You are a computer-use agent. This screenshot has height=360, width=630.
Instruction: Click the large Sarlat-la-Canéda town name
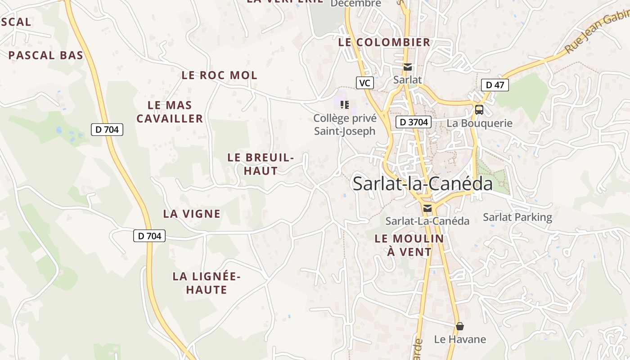tap(423, 184)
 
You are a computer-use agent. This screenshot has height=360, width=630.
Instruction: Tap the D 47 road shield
tap(495, 85)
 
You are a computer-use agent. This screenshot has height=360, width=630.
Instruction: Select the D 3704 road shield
tap(414, 121)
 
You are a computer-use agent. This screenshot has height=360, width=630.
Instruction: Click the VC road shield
tap(365, 83)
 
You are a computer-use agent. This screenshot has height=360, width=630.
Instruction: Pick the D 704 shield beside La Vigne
tap(149, 235)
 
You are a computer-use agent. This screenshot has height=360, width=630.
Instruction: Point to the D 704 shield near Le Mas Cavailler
tap(107, 130)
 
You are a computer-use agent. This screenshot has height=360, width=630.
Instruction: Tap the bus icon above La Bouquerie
tap(479, 109)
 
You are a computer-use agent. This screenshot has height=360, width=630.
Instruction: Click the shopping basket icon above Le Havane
tap(460, 326)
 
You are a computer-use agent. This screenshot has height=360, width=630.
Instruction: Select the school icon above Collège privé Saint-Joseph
tap(345, 105)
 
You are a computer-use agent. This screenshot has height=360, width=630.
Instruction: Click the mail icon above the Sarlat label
tap(408, 67)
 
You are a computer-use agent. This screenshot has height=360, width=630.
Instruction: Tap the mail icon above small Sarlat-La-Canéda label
tap(427, 208)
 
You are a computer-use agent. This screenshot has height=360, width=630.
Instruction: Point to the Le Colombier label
tap(384, 42)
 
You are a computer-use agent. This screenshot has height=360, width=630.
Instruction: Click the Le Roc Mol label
tap(220, 75)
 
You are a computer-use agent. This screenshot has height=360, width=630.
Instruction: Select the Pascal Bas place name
tap(46, 55)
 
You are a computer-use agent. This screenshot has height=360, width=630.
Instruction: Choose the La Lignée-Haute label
tap(207, 283)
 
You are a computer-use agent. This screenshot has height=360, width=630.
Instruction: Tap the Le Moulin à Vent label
tap(409, 245)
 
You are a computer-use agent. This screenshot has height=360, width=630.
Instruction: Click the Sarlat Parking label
tap(517, 217)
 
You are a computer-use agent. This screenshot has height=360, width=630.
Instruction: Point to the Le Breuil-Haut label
tap(261, 164)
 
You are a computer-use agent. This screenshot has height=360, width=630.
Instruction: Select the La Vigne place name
tap(192, 214)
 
